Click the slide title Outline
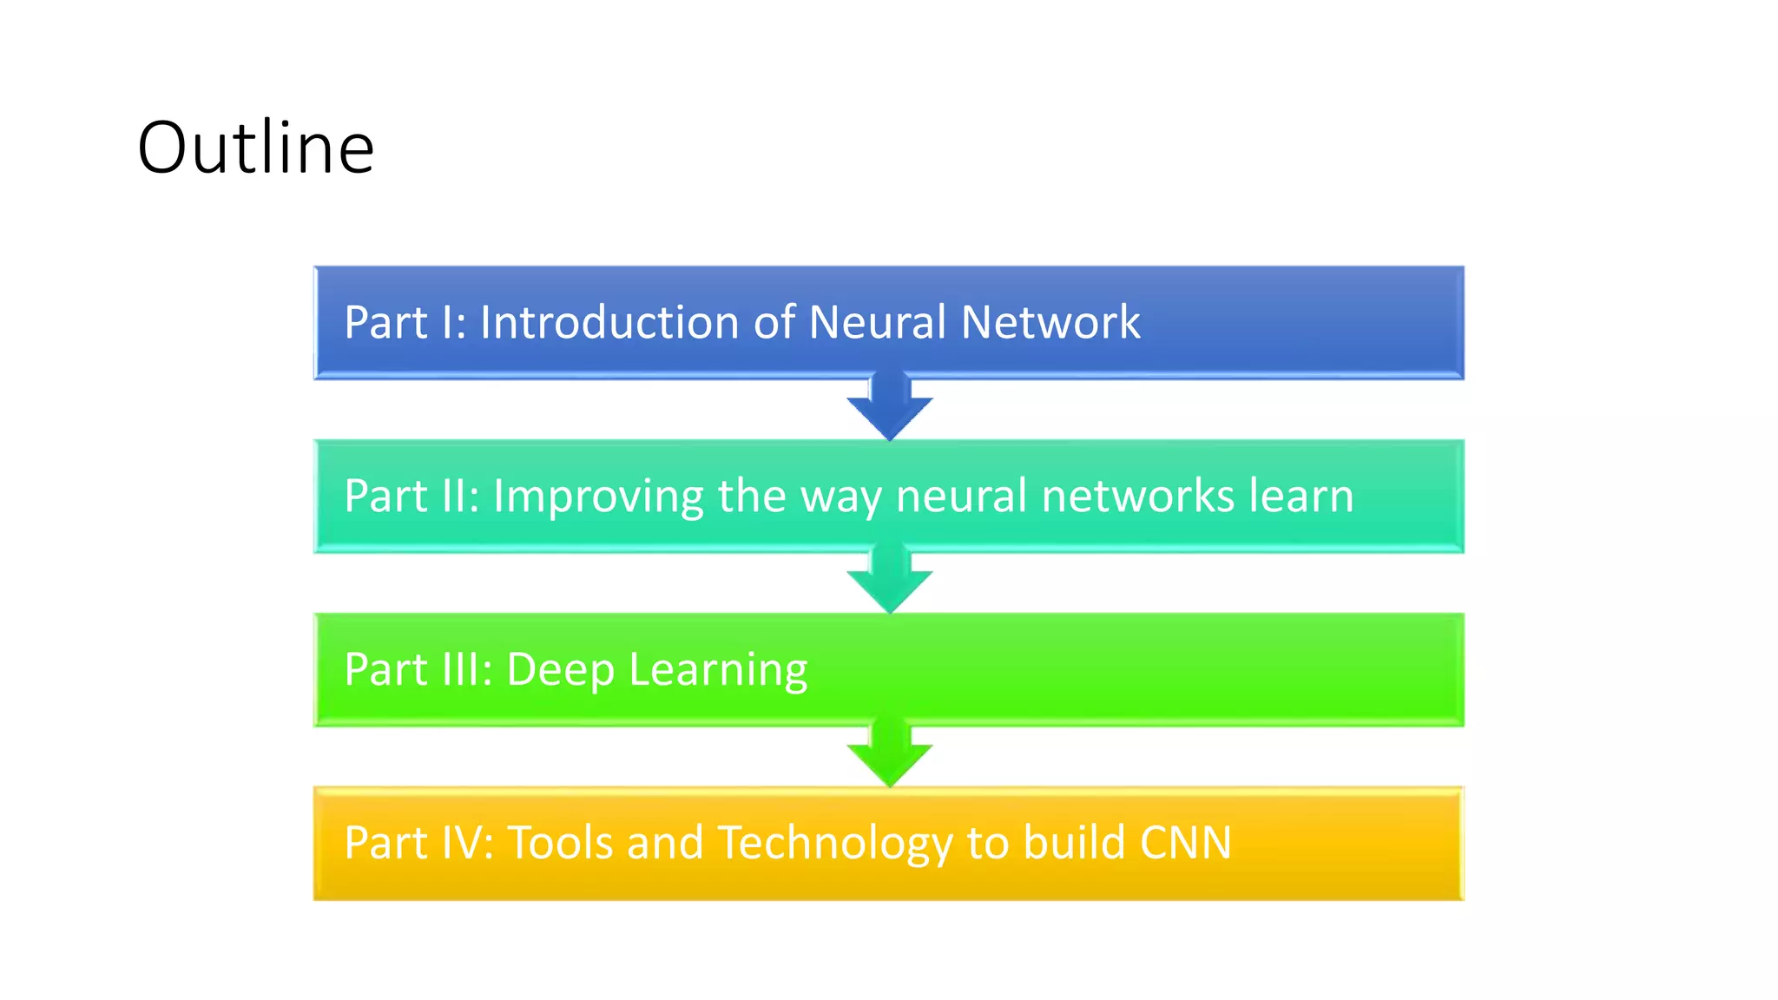(x=255, y=148)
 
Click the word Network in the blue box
(x=1050, y=322)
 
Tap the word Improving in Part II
(x=598, y=497)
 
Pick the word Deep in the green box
(x=560, y=671)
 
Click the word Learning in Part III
(x=718, y=671)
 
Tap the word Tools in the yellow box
(x=561, y=843)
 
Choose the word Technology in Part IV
(x=835, y=845)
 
